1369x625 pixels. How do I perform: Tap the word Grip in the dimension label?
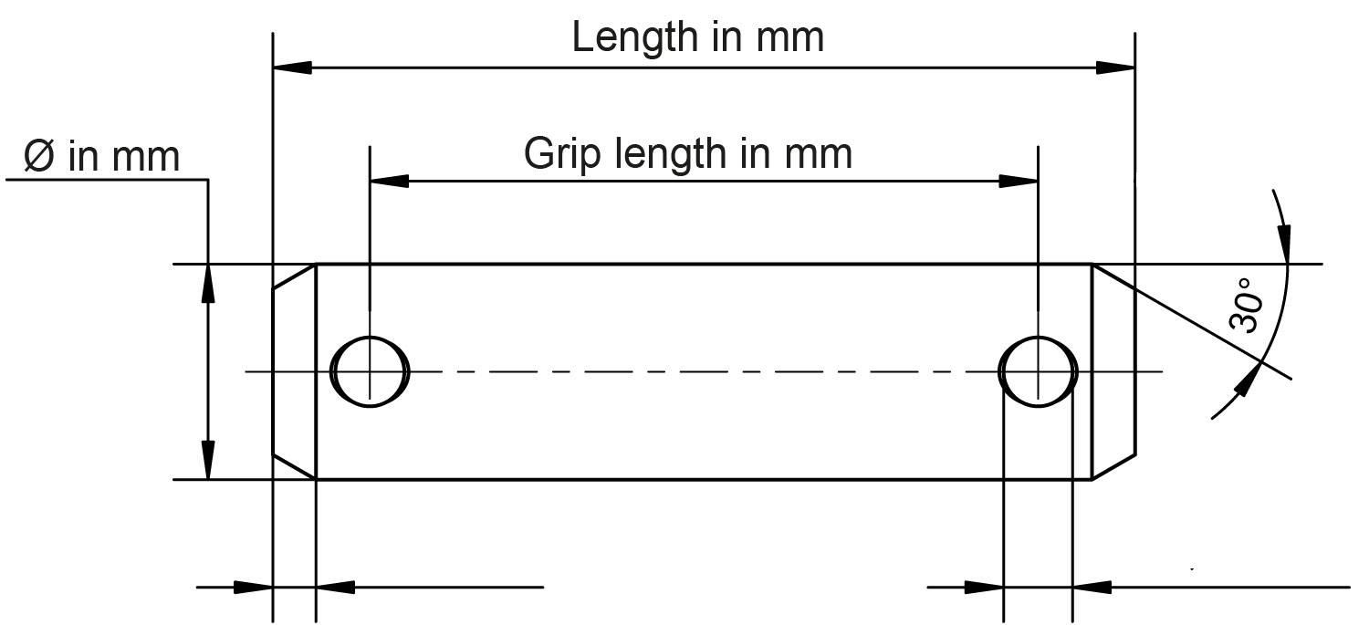coord(556,153)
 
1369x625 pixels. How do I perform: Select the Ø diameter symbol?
coord(41,157)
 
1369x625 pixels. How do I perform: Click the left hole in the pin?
coord(370,370)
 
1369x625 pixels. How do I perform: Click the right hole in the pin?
coord(1039,370)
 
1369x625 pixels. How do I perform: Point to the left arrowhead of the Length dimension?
coord(292,68)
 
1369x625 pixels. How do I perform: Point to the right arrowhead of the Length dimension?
coord(1115,68)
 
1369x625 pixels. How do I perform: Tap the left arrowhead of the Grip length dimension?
coord(388,181)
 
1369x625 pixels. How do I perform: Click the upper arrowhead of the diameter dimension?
coord(208,283)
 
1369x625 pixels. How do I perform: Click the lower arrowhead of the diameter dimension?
coord(208,460)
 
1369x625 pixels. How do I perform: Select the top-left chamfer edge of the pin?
coord(294,276)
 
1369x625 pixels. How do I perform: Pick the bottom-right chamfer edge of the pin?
coord(1113,465)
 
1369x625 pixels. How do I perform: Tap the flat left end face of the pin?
coord(274,370)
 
